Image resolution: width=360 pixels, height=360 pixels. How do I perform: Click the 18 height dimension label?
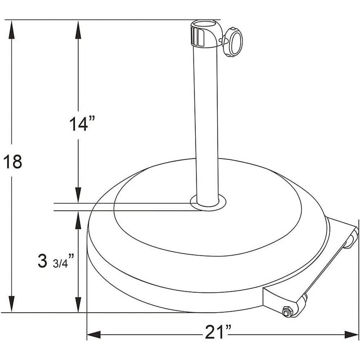[x=13, y=162]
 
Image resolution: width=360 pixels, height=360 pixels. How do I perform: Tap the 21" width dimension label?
[x=218, y=332]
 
